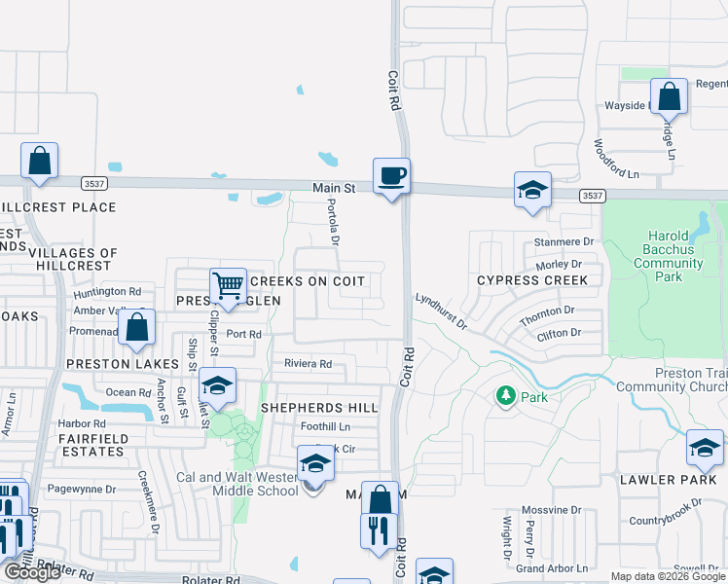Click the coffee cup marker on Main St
[391, 177]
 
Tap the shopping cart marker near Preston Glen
[228, 287]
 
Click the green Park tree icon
[505, 396]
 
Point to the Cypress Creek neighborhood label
[531, 280]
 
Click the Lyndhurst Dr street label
[442, 313]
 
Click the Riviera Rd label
[308, 364]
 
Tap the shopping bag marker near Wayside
[669, 97]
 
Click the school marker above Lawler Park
[704, 448]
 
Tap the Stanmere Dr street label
[564, 241]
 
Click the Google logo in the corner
[32, 572]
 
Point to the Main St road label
[335, 187]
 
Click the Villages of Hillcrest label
[73, 259]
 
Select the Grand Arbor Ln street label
[552, 567]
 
